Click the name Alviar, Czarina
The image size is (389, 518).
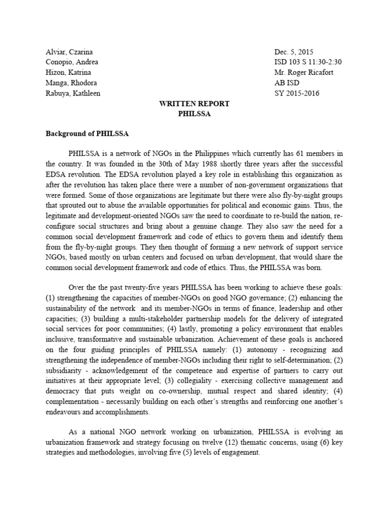(x=69, y=52)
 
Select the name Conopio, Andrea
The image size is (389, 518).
(x=72, y=62)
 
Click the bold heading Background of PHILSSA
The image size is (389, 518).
(x=87, y=134)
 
